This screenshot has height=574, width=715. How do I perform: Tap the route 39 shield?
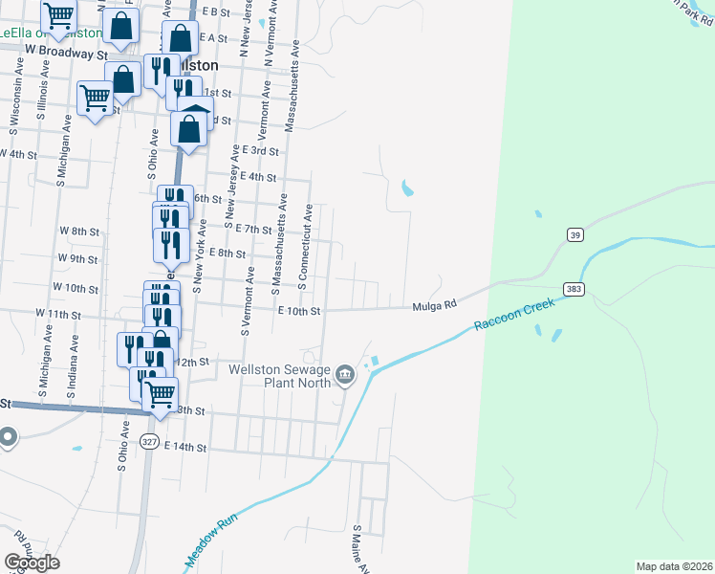[x=574, y=235]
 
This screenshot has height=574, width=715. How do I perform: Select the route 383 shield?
[x=574, y=289]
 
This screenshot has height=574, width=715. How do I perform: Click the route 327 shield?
[x=149, y=442]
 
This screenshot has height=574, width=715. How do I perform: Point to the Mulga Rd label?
[x=435, y=306]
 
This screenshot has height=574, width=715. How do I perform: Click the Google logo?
[x=32, y=563]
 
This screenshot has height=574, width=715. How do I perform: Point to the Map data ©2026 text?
[x=673, y=566]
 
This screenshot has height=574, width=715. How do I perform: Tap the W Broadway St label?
[x=67, y=55]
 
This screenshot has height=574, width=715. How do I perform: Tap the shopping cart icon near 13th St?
[x=161, y=392]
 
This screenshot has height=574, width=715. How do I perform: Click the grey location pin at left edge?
[x=8, y=437]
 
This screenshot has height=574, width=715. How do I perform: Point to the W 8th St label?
[x=79, y=232]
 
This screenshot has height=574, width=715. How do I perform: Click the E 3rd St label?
[x=260, y=151]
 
